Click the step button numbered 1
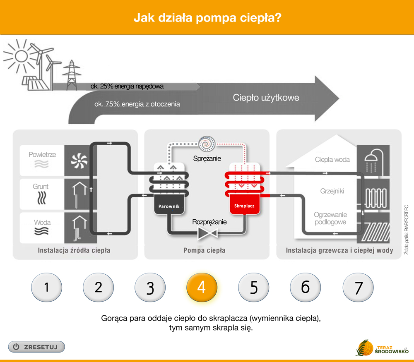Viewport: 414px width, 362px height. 46,287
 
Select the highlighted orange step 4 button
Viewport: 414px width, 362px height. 202,287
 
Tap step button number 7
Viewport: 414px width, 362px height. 358,287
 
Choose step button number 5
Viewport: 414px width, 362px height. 253,287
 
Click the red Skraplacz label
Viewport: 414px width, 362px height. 244,206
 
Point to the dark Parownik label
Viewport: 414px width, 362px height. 169,206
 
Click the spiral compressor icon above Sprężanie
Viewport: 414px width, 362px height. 207,144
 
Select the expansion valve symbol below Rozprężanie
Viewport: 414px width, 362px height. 207,233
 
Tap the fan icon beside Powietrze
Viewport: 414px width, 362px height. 79,161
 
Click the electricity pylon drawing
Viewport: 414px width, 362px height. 71,75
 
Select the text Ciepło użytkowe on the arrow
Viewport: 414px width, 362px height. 266,98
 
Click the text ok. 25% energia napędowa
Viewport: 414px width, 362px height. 127,86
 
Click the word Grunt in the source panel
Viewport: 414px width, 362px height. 41,186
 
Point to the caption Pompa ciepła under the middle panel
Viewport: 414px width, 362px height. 205,250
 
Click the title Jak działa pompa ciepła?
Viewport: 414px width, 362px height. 207,18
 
